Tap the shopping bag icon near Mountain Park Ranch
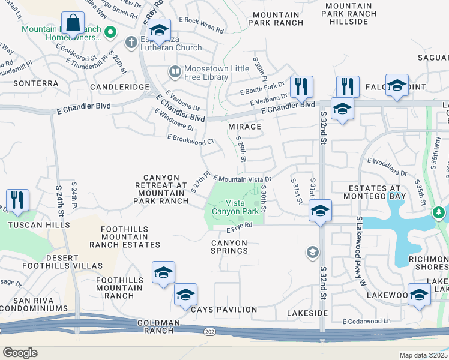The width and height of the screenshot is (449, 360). tap(73, 24)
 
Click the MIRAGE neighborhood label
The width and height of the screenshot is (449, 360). tap(245, 127)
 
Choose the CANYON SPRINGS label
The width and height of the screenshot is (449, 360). tap(229, 247)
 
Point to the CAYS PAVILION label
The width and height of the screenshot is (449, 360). tap(224, 310)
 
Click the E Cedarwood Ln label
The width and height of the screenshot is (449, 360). tap(366, 322)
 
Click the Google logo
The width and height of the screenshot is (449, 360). tap(20, 352)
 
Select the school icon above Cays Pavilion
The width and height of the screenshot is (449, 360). tap(185, 294)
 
